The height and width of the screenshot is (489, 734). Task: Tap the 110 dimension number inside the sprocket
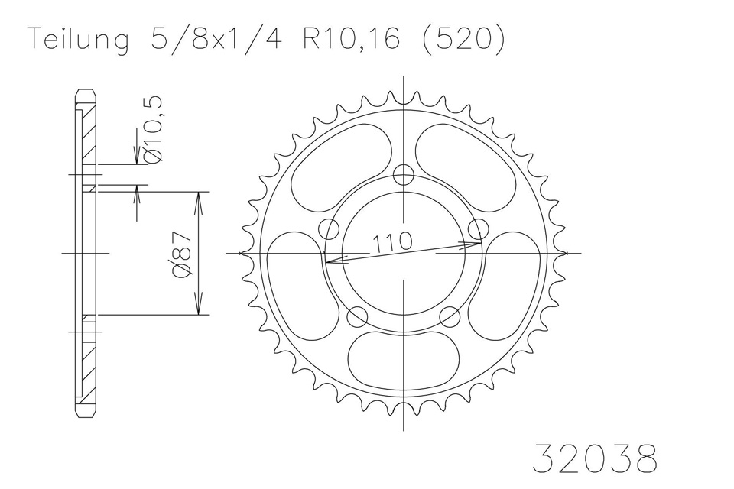pyautogui.click(x=392, y=242)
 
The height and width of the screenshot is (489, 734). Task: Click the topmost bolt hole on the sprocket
pyautogui.click(x=404, y=173)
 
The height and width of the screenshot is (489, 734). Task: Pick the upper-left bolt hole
pyautogui.click(x=330, y=228)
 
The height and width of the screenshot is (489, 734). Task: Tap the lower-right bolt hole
pyautogui.click(x=450, y=315)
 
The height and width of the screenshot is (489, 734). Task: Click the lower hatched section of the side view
pyautogui.click(x=87, y=367)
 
